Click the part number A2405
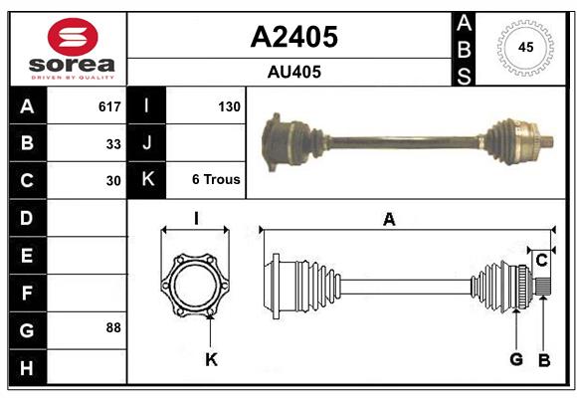coord(293,37)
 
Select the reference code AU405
coord(293,72)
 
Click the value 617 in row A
coord(109,106)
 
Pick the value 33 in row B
coord(113,144)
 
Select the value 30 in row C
coord(113,181)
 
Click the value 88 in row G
coord(113,327)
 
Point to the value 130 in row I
coord(229,106)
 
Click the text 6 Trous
coord(216,180)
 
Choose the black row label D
coord(27,217)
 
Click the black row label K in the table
coord(147,180)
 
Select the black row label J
coord(147,143)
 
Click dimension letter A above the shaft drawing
coord(389,220)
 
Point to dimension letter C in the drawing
coord(541,261)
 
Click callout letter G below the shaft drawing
coord(516,359)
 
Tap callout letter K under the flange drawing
coord(211,359)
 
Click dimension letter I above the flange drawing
coord(197,218)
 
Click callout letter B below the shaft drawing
coord(544,359)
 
